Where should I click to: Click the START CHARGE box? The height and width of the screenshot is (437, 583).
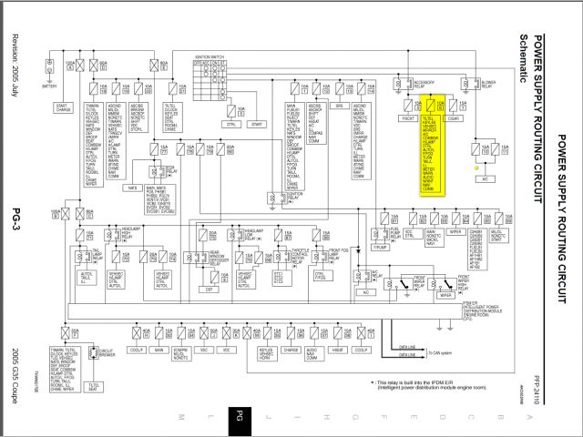tap(64, 107)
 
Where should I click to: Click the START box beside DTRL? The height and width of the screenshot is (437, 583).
tap(256, 123)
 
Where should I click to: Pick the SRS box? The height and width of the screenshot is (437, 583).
tap(339, 107)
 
